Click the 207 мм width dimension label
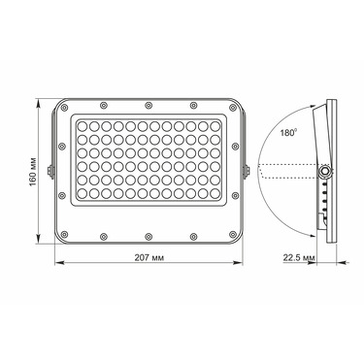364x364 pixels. [x=149, y=258]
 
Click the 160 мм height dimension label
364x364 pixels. [x=33, y=172]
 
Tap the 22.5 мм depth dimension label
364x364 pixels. [x=299, y=258]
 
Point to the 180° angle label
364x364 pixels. [x=288, y=133]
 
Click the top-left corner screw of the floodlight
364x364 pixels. [x=64, y=108]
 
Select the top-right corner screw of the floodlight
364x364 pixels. [x=233, y=108]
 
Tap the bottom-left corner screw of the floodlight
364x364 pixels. [x=64, y=234]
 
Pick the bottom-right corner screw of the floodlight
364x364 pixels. [x=233, y=234]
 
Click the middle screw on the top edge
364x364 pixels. [x=149, y=105]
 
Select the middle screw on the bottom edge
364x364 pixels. [x=149, y=237]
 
